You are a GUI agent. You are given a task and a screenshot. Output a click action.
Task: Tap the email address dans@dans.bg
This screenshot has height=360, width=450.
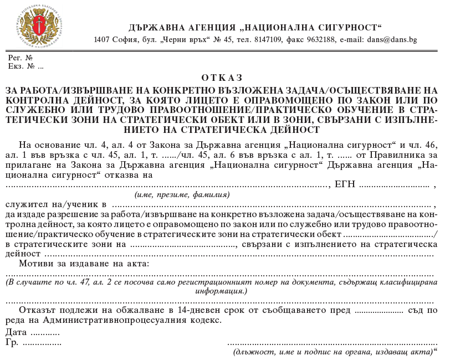coord(391,40)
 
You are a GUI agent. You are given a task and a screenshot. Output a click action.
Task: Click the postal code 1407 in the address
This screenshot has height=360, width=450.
coord(102,40)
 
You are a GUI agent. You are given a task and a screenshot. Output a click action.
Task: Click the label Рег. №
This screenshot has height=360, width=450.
coord(21,58)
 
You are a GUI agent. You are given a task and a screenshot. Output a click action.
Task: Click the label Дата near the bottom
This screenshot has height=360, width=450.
coord(17,332)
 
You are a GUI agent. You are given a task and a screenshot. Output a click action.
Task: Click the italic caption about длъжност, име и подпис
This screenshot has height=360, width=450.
coord(333,352)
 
